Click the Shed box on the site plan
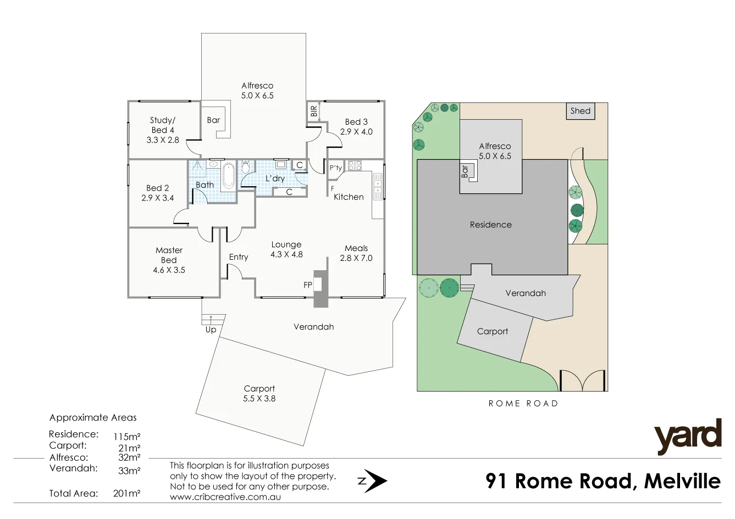click(580, 111)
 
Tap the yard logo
click(687, 437)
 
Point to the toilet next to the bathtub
click(246, 166)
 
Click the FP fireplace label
click(308, 285)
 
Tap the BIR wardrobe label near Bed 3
click(314, 111)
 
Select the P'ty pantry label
click(335, 168)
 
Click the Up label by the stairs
click(211, 330)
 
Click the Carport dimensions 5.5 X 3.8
click(259, 399)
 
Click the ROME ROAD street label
click(523, 404)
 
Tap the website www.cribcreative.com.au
click(225, 496)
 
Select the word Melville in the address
click(682, 481)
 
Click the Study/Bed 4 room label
click(163, 125)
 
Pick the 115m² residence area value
click(126, 437)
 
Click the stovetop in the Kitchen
click(354, 165)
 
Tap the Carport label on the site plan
click(492, 331)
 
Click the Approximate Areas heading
click(93, 417)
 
